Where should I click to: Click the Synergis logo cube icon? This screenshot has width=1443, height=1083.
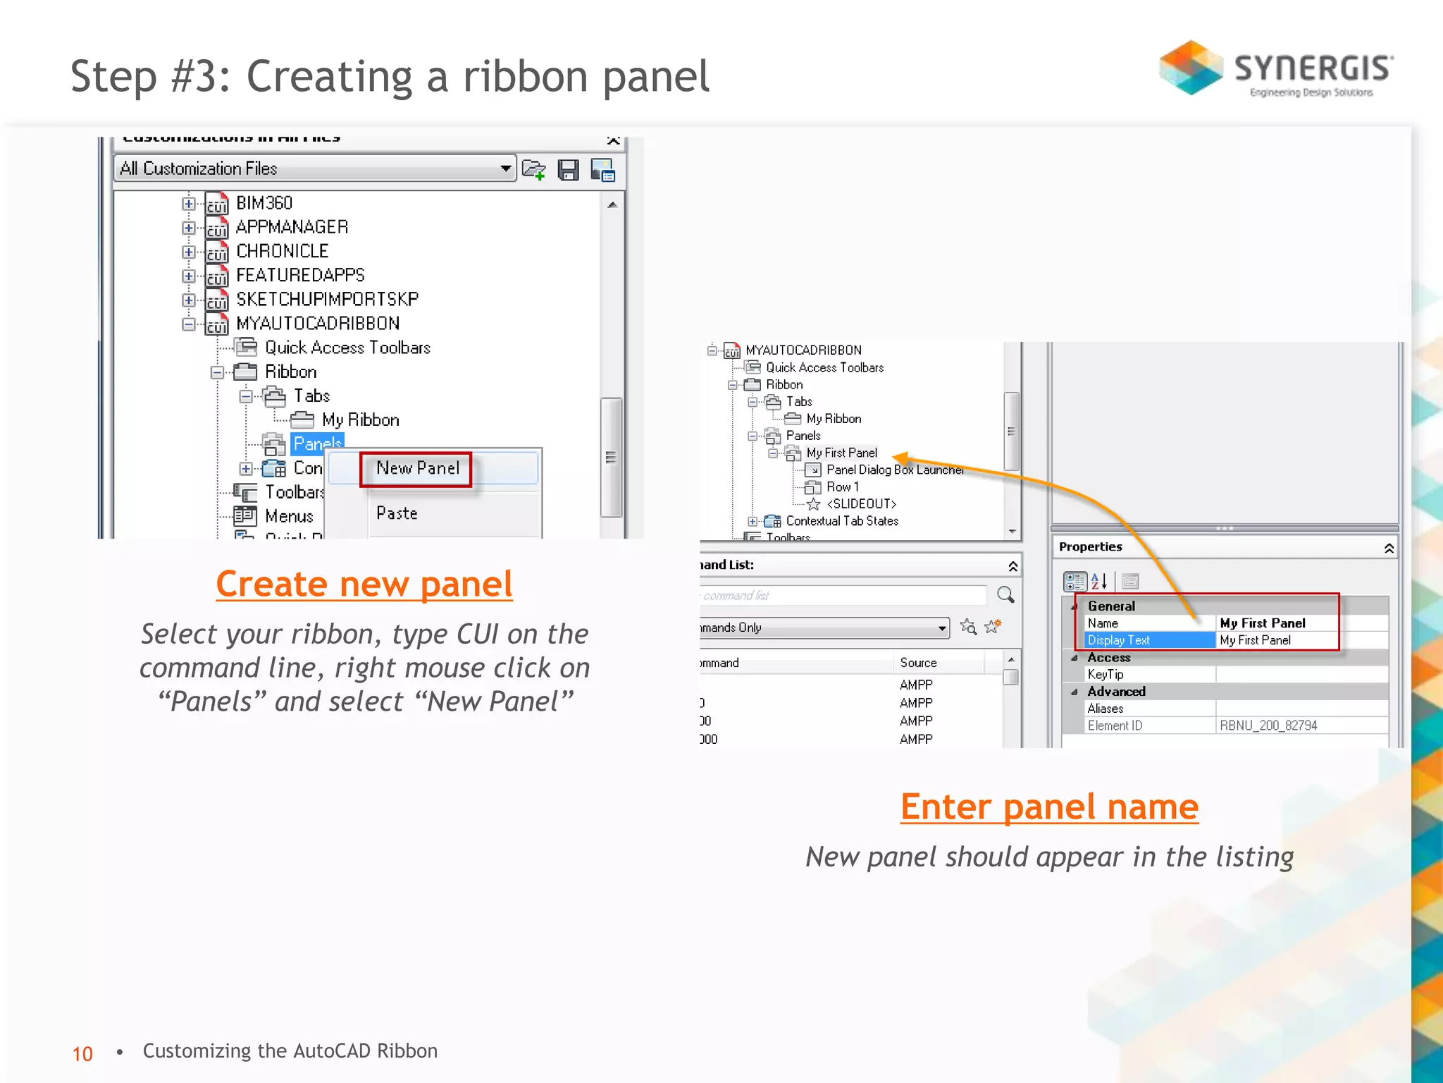click(1191, 68)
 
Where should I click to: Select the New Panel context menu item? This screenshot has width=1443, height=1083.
click(417, 469)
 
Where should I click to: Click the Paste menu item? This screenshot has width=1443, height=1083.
click(397, 514)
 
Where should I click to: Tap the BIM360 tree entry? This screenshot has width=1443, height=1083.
click(264, 204)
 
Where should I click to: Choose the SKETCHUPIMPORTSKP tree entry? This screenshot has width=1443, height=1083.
click(327, 300)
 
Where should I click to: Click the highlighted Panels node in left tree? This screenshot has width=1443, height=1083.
click(317, 443)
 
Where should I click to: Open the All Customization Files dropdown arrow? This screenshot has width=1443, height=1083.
click(505, 169)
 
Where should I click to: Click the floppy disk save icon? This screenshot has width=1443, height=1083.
click(568, 170)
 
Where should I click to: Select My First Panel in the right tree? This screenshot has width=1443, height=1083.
click(841, 453)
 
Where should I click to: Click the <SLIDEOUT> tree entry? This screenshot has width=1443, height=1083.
click(861, 504)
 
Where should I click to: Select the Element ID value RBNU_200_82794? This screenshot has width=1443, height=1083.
click(1268, 726)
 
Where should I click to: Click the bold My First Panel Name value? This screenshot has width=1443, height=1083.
click(1262, 623)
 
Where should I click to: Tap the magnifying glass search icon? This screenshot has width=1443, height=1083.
click(1005, 595)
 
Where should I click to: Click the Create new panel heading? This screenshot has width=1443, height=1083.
click(364, 585)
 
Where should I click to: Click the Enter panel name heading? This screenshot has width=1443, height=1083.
click(1048, 807)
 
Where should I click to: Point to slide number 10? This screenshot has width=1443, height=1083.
click(82, 1053)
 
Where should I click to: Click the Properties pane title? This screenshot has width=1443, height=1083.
click(1090, 547)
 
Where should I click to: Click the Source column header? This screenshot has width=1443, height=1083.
click(918, 663)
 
